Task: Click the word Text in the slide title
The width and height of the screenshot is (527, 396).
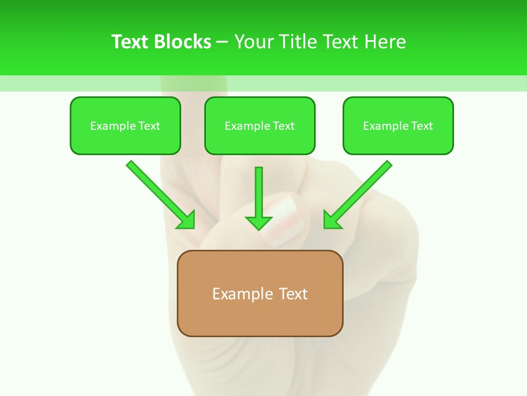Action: pos(131,42)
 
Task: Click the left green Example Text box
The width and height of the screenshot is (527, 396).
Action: pos(125,125)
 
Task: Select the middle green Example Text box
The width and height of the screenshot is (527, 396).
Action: pos(260,125)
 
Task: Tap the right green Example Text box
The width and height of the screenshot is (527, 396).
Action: pos(398,125)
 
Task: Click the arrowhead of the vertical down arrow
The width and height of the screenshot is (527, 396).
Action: pos(259,222)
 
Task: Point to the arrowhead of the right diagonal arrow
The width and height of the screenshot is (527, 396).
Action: pos(332,220)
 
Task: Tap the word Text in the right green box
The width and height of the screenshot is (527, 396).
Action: pos(422,126)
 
